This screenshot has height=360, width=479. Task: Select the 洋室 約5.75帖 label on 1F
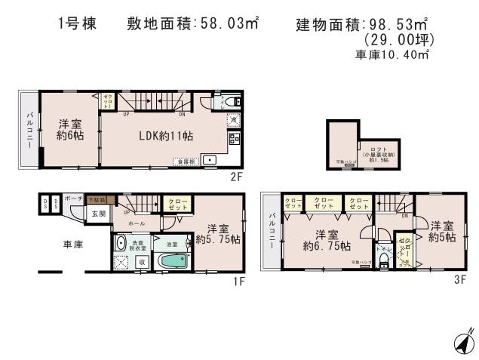pyautogui.click(x=219, y=234)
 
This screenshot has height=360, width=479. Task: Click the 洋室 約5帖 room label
pyautogui.click(x=443, y=231)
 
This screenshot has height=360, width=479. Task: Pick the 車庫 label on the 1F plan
pyautogui.click(x=73, y=245)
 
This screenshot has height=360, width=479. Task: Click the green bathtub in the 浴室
pyautogui.click(x=175, y=263)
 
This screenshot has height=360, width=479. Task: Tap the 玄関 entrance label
pyautogui.click(x=100, y=214)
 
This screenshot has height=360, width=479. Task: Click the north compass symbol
pyautogui.click(x=463, y=342)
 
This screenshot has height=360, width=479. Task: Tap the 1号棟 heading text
pyautogui.click(x=76, y=23)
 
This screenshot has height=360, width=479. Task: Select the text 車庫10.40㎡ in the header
pyautogui.click(x=392, y=55)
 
